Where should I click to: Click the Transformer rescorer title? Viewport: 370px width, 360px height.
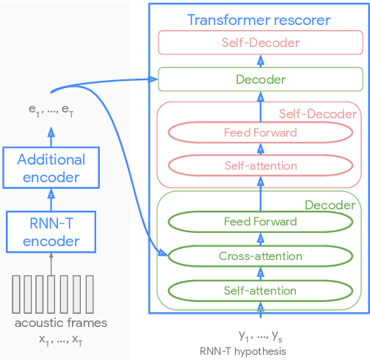(x=259, y=20)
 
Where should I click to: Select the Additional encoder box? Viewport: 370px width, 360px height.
(x=51, y=168)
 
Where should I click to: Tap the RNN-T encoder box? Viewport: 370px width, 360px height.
(x=51, y=231)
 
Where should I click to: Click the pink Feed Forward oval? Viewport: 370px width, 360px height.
(x=261, y=133)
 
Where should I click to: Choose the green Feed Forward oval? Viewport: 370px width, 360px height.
(x=261, y=222)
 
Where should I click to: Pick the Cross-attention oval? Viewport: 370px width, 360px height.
(x=261, y=256)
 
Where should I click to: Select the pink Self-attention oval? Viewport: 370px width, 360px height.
(x=261, y=166)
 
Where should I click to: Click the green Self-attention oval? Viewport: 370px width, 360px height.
(x=261, y=291)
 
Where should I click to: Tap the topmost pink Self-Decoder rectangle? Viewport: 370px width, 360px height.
(x=261, y=43)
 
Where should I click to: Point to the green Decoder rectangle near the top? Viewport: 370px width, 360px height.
(x=261, y=79)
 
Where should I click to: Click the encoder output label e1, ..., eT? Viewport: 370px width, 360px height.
(x=51, y=111)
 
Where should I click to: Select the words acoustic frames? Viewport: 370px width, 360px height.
(x=61, y=323)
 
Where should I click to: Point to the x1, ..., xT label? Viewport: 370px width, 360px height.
(x=61, y=339)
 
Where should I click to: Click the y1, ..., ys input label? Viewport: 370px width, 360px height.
(x=261, y=336)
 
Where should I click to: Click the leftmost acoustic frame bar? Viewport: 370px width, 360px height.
(x=17, y=295)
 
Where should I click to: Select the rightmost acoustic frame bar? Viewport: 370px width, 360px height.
(x=86, y=295)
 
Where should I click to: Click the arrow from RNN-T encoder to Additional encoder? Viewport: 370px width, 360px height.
(x=51, y=199)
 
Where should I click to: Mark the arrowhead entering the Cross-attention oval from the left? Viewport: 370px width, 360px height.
(x=163, y=254)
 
